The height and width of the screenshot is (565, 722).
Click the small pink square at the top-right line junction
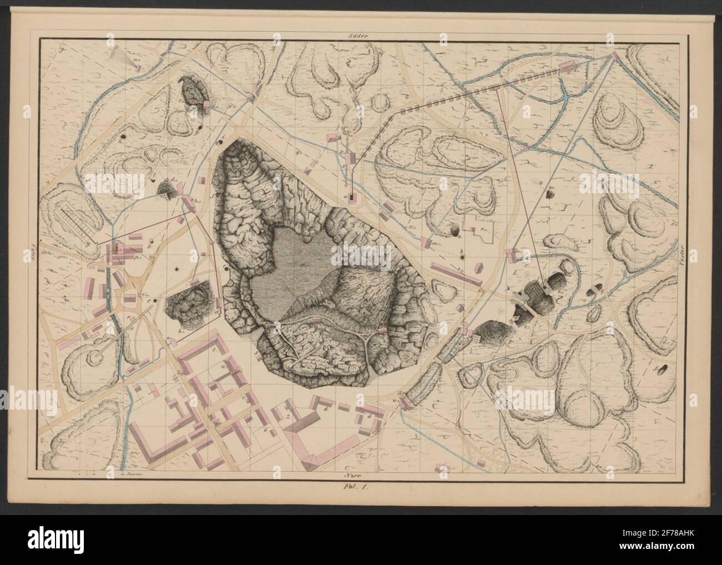point(615,56)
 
